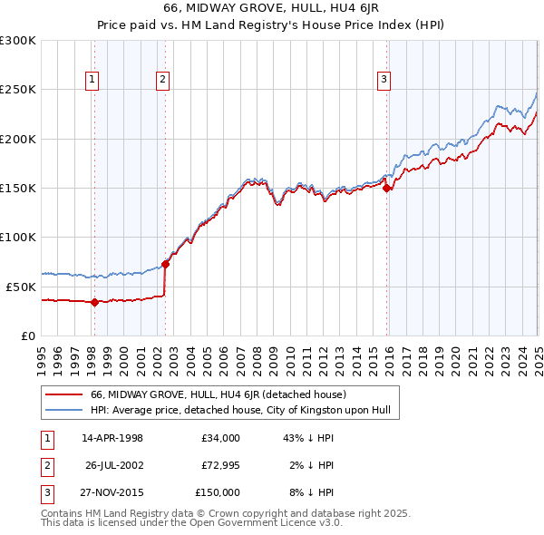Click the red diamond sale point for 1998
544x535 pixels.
tap(95, 303)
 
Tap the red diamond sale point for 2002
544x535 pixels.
tap(166, 264)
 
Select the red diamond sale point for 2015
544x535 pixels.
tap(387, 189)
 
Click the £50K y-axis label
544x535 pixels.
tap(20, 287)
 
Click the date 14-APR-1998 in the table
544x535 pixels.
tap(112, 438)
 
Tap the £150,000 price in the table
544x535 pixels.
tap(218, 492)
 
